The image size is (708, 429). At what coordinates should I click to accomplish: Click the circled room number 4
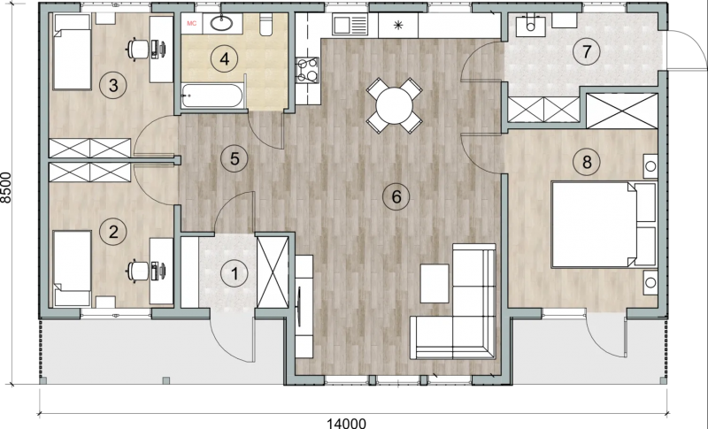click(225, 58)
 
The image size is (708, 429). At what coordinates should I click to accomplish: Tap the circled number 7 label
click(586, 51)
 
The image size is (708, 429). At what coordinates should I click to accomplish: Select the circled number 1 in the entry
click(235, 273)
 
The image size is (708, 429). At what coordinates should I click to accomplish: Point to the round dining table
click(394, 105)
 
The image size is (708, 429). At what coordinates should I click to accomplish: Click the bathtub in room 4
click(212, 96)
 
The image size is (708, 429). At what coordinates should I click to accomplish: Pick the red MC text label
click(191, 24)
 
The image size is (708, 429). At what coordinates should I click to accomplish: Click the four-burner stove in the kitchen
click(307, 71)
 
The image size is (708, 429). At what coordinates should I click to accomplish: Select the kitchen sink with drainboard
click(350, 24)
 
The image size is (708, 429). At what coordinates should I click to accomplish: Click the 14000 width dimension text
click(346, 423)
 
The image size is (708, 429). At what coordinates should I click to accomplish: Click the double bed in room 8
click(604, 224)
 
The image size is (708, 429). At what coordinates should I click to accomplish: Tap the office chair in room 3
click(138, 49)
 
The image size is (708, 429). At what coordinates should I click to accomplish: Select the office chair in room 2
click(138, 272)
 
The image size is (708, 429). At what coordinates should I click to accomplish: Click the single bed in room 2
click(73, 268)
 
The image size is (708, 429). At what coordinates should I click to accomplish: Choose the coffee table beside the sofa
click(435, 283)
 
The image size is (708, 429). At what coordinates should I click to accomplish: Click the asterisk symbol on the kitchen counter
click(397, 25)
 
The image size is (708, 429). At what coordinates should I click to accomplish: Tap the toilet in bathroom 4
click(265, 26)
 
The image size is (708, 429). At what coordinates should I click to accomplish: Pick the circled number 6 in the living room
click(396, 196)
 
